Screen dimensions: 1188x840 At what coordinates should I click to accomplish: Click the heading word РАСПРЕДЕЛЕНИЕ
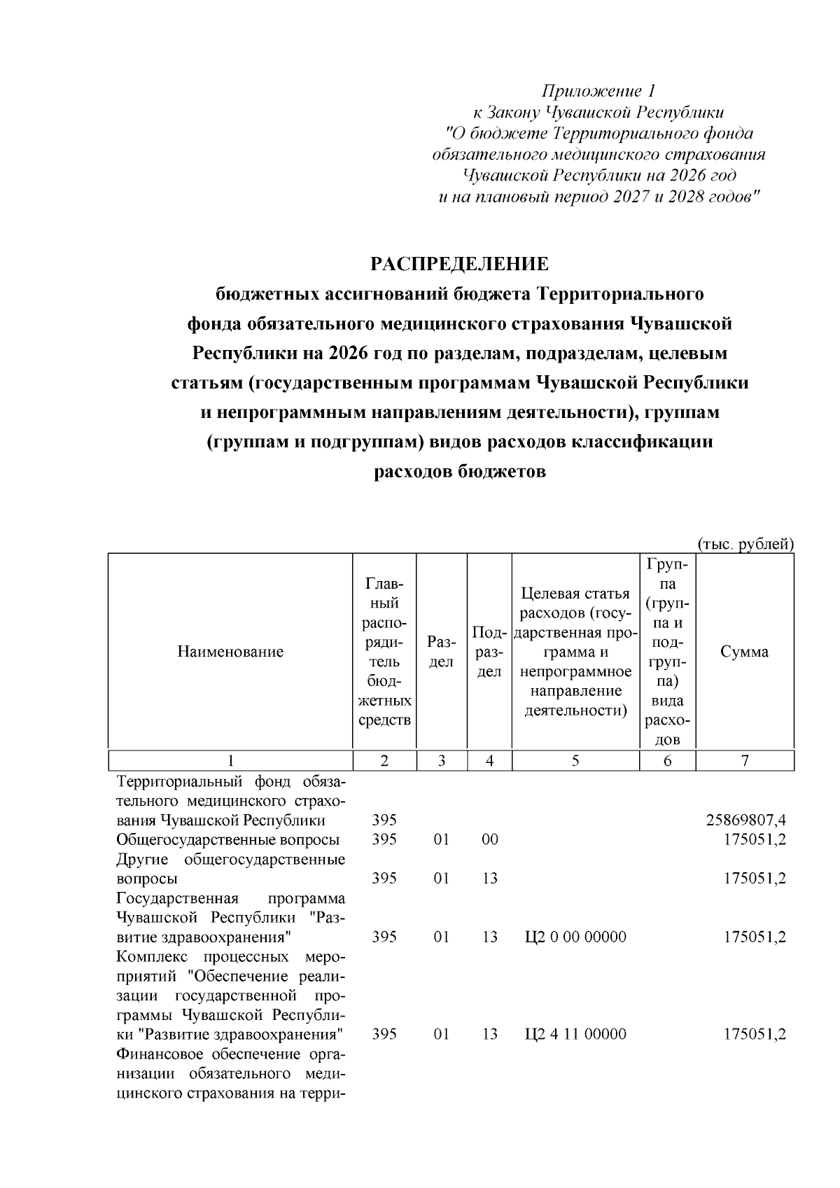click(x=459, y=264)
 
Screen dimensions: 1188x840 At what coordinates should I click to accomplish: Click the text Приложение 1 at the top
click(x=599, y=91)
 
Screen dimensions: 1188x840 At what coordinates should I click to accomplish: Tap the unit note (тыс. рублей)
click(x=745, y=544)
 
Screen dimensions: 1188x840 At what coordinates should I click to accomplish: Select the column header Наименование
click(x=230, y=652)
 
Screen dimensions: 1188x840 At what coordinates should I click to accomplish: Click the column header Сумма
click(x=744, y=652)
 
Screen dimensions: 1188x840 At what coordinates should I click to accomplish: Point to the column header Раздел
click(x=441, y=652)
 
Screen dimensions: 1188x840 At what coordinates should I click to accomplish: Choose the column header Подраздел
click(x=489, y=652)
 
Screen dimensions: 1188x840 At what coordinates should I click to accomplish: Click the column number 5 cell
click(x=575, y=761)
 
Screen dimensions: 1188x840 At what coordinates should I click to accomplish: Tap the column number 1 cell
click(x=230, y=761)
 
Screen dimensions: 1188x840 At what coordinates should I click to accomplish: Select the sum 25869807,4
click(x=745, y=820)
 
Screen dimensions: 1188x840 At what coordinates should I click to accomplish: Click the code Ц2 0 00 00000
click(x=575, y=937)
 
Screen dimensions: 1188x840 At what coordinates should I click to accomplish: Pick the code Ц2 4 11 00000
click(x=575, y=1034)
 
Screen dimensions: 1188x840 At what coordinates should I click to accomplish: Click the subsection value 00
click(x=490, y=839)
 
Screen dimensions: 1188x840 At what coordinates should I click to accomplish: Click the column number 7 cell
click(x=745, y=761)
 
